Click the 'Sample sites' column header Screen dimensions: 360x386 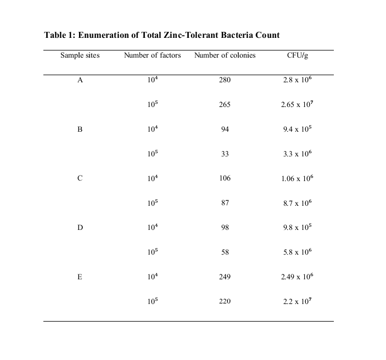click(80, 55)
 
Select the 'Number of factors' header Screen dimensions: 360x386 click(152, 55)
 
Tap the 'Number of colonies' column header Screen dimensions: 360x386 click(225, 55)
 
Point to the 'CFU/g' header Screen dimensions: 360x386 click(297, 55)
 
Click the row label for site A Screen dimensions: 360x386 click(80, 80)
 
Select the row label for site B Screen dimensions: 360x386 click(80, 130)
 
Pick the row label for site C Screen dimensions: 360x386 click(80, 178)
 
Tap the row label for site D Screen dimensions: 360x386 click(80, 228)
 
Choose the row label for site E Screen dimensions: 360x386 click(80, 277)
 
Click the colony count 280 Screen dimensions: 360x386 click(225, 80)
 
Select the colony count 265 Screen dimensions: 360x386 click(225, 105)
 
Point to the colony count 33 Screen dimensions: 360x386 click(225, 154)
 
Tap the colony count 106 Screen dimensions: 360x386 click(225, 178)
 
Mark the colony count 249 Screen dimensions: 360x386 click(225, 277)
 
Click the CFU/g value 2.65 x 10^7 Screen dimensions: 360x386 click(297, 104)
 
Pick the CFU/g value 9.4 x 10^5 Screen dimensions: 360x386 click(297, 129)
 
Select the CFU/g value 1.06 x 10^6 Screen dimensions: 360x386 click(297, 178)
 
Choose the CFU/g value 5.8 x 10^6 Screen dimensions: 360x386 click(297, 252)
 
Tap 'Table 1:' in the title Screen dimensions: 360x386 click(60, 35)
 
